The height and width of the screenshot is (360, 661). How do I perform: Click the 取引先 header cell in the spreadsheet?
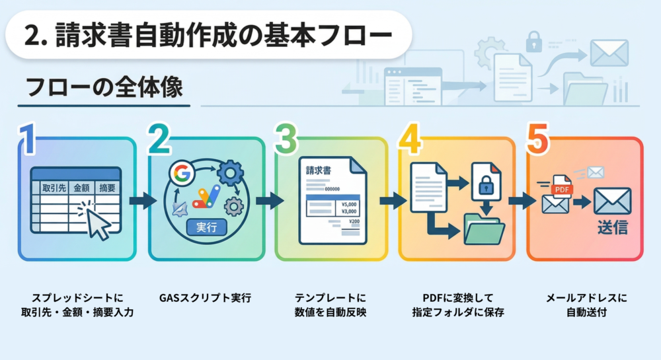[x=55, y=188]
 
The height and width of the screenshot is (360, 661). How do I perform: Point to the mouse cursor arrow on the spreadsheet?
[x=98, y=225]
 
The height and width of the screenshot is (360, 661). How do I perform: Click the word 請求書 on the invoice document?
[x=319, y=170]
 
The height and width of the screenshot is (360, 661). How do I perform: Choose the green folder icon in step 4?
[x=484, y=229]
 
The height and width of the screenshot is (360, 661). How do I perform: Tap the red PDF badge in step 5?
[x=563, y=190]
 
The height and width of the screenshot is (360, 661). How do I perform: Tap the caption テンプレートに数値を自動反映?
[x=330, y=305]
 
